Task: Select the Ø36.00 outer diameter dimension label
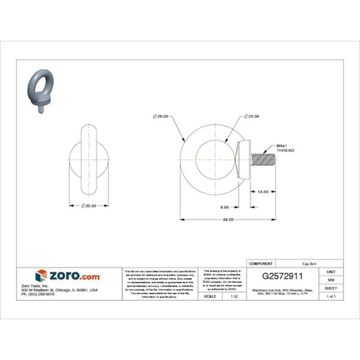click(x=162, y=116)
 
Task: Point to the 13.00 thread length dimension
click(x=263, y=191)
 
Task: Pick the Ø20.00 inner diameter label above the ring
click(x=252, y=116)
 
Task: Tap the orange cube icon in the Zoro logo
click(x=41, y=276)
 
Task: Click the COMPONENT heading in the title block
click(x=262, y=264)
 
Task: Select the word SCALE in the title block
click(x=211, y=296)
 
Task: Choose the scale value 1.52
click(x=234, y=296)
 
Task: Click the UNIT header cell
click(x=331, y=271)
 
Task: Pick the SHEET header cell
click(x=331, y=287)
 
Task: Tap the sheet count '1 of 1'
click(x=331, y=296)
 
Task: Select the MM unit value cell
click(x=331, y=279)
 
